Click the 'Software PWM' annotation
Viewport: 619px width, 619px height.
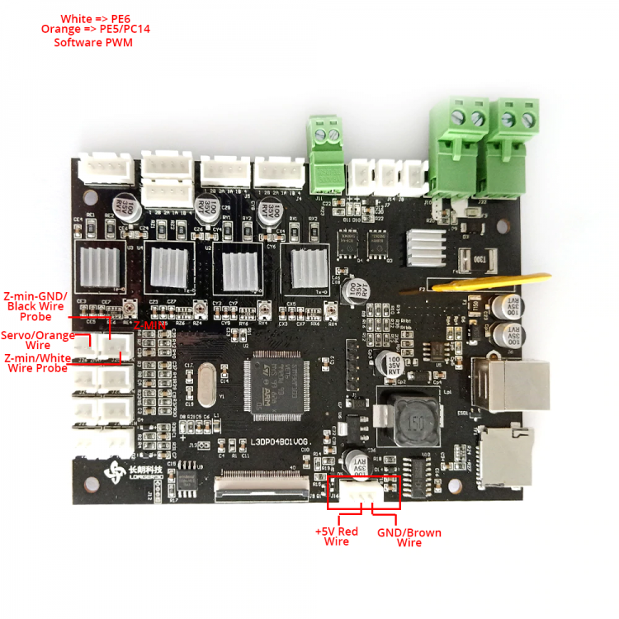(93, 42)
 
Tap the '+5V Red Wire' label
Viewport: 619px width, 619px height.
(336, 536)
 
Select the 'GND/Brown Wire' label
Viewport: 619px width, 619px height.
(409, 536)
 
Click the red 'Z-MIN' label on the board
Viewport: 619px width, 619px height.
(150, 325)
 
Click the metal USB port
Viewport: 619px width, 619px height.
(512, 385)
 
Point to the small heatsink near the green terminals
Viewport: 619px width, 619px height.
(428, 245)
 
